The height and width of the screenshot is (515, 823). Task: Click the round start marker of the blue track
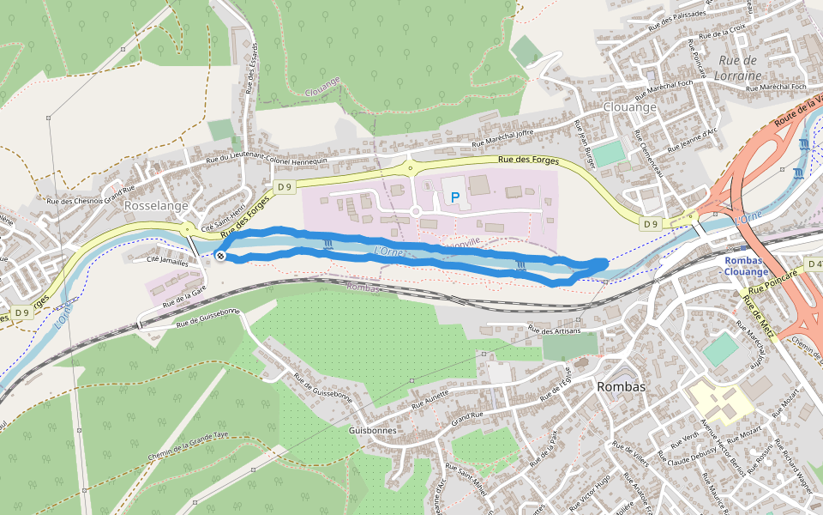(x=220, y=256)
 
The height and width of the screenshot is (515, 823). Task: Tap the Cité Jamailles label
(x=167, y=261)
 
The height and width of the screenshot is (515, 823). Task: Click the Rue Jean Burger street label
(x=584, y=142)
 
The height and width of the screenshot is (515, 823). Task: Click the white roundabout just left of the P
(x=415, y=210)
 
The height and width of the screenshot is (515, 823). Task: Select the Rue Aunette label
(x=431, y=400)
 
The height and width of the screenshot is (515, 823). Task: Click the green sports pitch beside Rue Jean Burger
(x=610, y=154)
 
